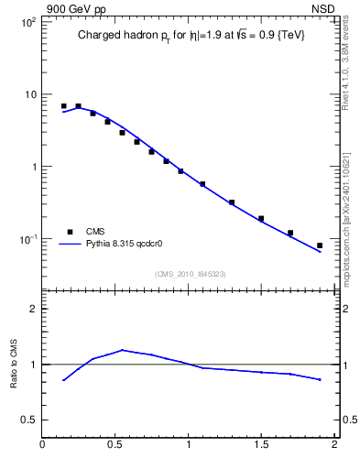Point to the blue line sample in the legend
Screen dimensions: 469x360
(70, 245)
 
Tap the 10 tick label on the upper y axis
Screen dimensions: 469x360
(28, 94)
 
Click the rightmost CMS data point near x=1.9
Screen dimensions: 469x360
(320, 245)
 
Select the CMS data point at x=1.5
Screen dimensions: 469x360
(261, 219)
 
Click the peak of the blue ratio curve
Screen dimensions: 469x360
(123, 350)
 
